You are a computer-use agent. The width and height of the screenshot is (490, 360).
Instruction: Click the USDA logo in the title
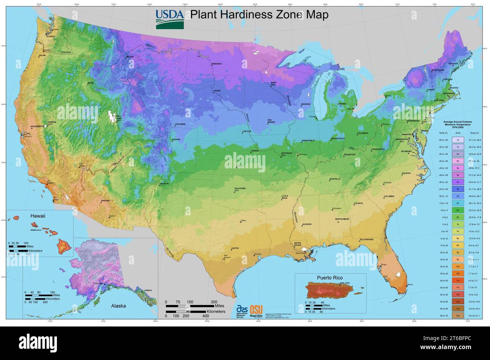tap(170, 19)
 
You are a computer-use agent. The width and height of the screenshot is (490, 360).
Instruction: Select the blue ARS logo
tap(242, 308)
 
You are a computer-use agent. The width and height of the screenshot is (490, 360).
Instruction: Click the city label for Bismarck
tap(217, 64)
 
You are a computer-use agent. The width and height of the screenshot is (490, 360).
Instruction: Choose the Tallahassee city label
tap(366, 239)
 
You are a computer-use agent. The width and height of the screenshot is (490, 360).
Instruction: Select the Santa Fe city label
tap(164, 184)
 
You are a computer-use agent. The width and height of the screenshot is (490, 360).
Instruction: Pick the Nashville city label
tap(335, 179)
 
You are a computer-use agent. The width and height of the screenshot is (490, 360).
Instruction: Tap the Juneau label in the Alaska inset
tap(148, 290)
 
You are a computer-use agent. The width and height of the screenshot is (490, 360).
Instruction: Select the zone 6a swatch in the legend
tap(457, 210)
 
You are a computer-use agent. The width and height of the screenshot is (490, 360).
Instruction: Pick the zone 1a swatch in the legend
tap(457, 140)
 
